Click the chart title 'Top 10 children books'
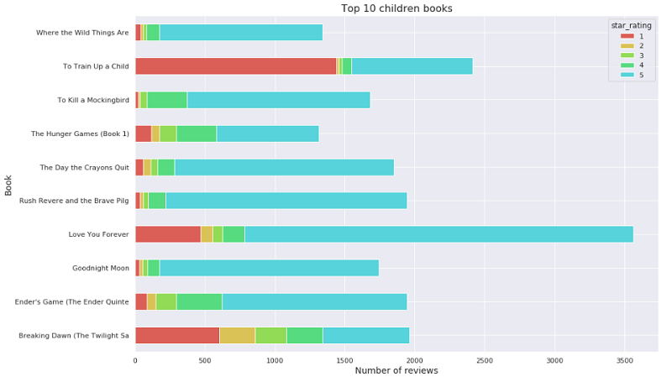pos(396,8)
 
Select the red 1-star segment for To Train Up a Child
pos(235,66)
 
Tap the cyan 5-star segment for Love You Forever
pos(438,234)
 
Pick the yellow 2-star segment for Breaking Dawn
pos(237,335)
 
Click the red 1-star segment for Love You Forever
pos(168,234)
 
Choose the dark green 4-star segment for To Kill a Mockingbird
pos(167,100)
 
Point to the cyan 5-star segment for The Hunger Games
pos(267,134)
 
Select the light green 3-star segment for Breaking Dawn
pos(270,335)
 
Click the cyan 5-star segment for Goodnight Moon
pos(269,268)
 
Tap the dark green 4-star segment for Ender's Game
pos(199,301)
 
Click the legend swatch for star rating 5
pos(627,76)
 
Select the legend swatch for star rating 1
pos(627,36)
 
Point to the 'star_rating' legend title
pos(631,26)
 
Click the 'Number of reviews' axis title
pos(396,370)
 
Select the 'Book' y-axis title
pos(8,184)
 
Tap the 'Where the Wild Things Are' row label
pos(82,33)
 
